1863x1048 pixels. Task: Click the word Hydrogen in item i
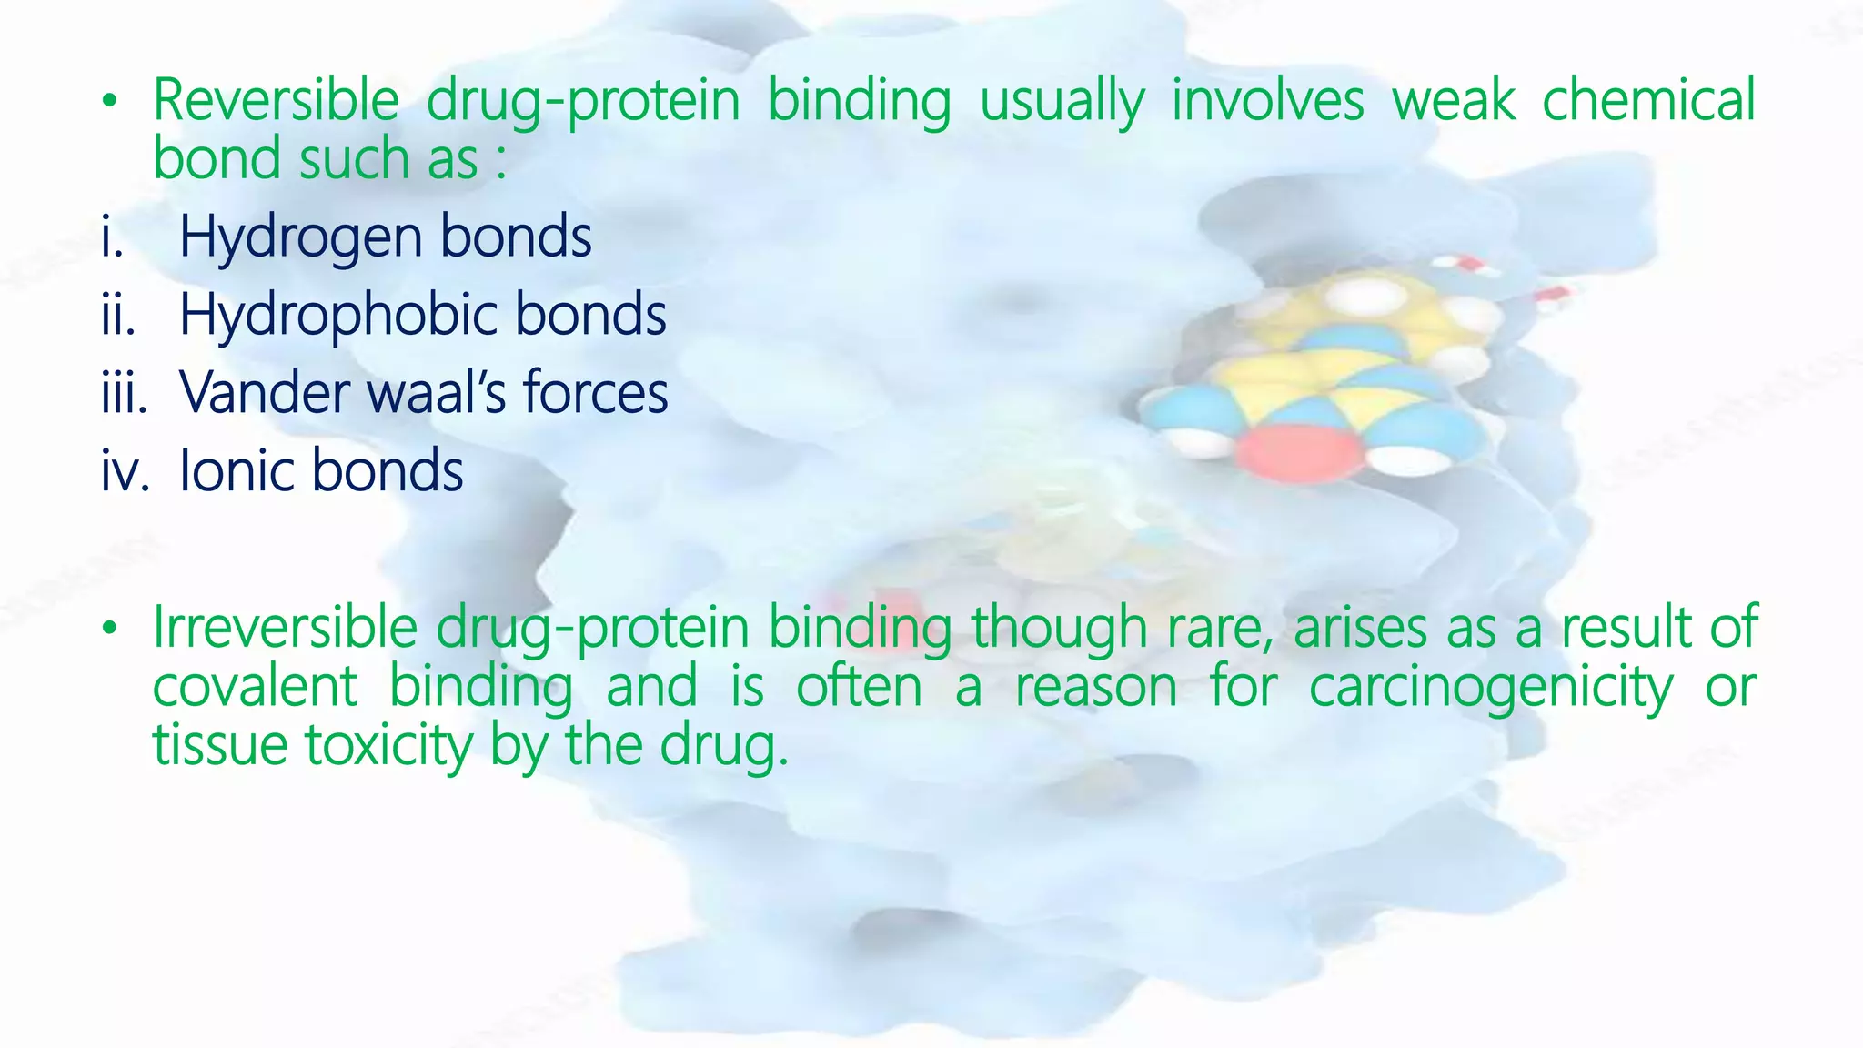tap(300, 238)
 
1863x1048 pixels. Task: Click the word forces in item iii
tap(595, 393)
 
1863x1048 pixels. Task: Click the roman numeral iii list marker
tap(124, 395)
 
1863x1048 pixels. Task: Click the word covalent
tap(255, 687)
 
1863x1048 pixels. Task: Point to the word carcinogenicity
tap(1490, 689)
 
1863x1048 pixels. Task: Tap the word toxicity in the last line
tap(388, 746)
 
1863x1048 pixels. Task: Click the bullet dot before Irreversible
tap(109, 629)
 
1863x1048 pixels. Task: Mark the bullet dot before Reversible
tap(109, 101)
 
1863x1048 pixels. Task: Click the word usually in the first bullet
tap(1062, 102)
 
